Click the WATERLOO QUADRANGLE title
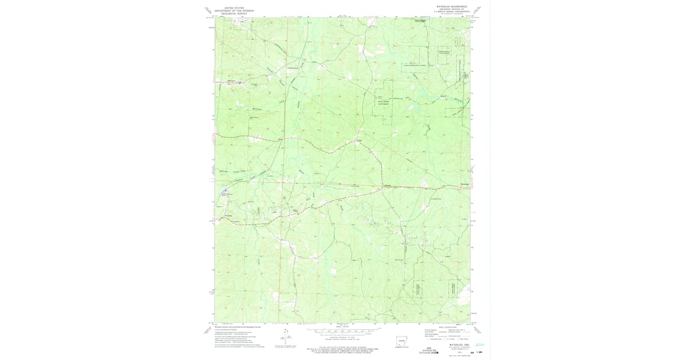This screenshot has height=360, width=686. point(452,6)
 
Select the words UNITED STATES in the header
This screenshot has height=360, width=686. point(234,8)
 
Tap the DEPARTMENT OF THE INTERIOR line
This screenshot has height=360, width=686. point(234,11)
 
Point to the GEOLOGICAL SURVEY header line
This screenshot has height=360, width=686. point(234,14)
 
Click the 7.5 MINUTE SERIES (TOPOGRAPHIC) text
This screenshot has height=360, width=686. point(452,12)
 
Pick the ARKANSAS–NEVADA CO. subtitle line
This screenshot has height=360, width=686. point(452,9)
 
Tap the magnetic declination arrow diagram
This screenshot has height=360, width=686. point(284,339)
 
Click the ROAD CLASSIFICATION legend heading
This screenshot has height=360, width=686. point(447,326)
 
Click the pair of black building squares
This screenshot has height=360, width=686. point(403,243)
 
